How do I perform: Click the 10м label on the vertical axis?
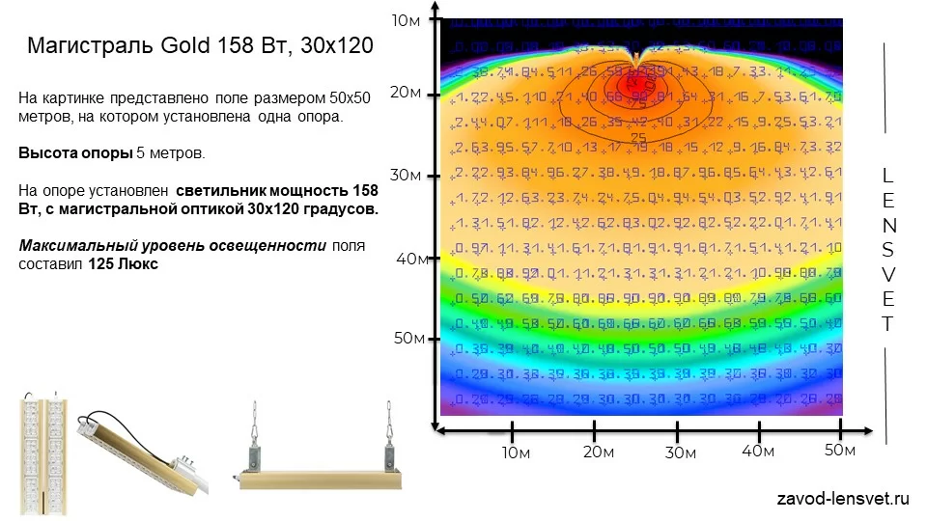[x=406, y=20]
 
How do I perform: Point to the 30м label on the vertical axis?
[x=407, y=175]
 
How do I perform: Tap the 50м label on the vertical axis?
[x=408, y=338]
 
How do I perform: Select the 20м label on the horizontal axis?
[x=599, y=452]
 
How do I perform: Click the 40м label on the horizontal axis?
[x=758, y=451]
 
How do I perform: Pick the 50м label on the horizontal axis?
[x=840, y=450]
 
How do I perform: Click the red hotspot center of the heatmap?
[x=632, y=85]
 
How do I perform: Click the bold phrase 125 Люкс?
[x=124, y=263]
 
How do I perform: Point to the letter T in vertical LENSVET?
[x=888, y=324]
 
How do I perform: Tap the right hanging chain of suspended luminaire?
[x=391, y=425]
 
